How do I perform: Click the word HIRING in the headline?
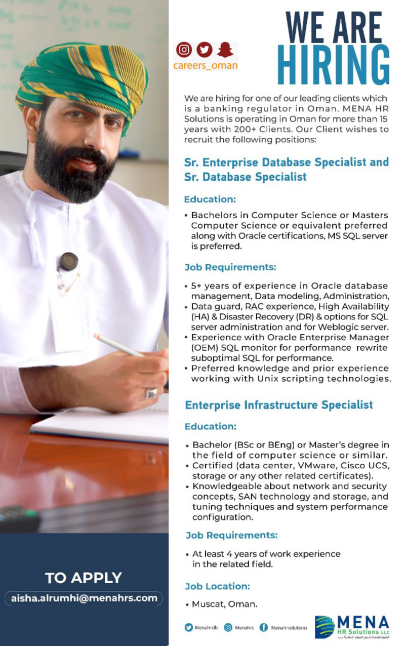[x=334, y=64]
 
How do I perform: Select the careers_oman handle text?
[x=205, y=66]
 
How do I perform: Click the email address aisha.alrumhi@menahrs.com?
[x=84, y=598]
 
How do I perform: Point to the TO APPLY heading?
[x=84, y=578]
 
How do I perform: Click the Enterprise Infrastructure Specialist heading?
[x=278, y=405]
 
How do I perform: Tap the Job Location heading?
[x=217, y=586]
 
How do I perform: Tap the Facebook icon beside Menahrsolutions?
[x=264, y=627]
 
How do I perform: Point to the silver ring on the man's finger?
[x=151, y=393]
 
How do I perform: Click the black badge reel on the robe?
[x=68, y=261]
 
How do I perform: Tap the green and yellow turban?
[x=81, y=76]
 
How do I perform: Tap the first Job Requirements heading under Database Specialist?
[x=230, y=267]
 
